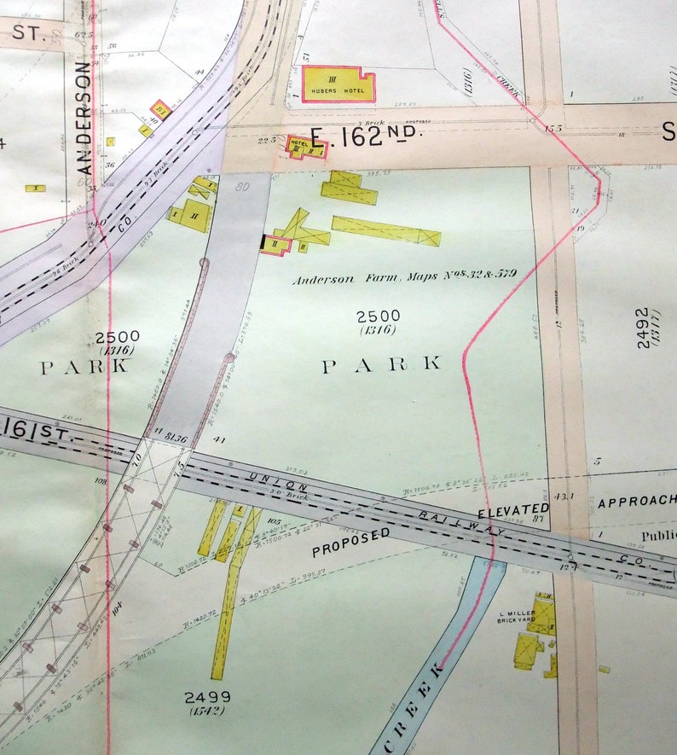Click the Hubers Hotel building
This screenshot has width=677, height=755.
click(x=338, y=84)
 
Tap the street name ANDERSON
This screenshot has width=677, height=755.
click(x=84, y=118)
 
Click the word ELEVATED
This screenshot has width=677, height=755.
click(x=512, y=510)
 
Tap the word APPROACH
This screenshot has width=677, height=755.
click(x=635, y=501)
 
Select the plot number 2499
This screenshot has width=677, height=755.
click(x=207, y=697)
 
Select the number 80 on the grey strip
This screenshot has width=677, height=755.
click(x=241, y=187)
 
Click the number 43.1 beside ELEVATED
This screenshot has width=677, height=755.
click(x=563, y=497)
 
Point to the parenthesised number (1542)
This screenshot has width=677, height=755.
click(x=207, y=711)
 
